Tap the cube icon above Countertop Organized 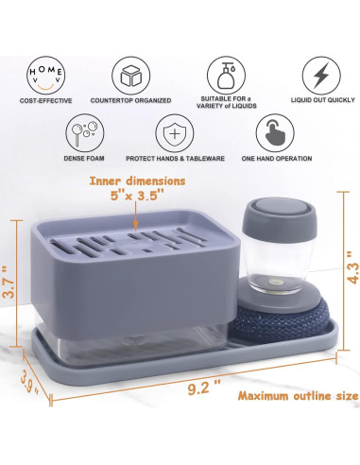[x=130, y=74]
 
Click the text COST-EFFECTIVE [x=47, y=98]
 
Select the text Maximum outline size [x=297, y=395]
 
